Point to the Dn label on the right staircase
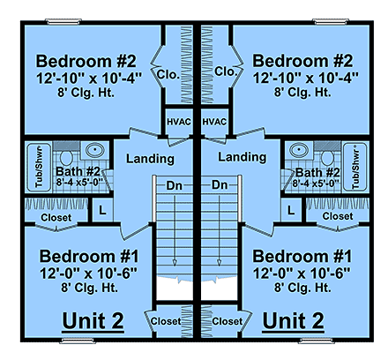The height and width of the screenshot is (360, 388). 220,185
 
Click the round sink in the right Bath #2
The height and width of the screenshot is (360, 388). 297,150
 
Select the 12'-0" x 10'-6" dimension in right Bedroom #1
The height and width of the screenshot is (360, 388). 302,273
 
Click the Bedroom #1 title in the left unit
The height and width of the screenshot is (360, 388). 86,257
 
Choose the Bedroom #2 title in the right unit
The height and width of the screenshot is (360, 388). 302,62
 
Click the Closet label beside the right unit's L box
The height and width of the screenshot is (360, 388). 336,215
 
